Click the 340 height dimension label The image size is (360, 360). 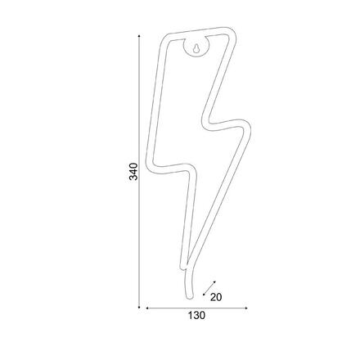pos(133,172)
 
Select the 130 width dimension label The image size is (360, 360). pos(196,316)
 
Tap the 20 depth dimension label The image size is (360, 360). pos(216,297)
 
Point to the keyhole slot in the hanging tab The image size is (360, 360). pos(196,48)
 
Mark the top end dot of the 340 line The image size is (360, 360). pos(139,36)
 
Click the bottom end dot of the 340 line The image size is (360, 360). pos(139,307)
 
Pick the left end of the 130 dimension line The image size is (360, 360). pos(147,308)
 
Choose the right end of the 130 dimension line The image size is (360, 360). pos(246,308)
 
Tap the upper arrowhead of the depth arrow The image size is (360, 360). pos(214,282)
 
